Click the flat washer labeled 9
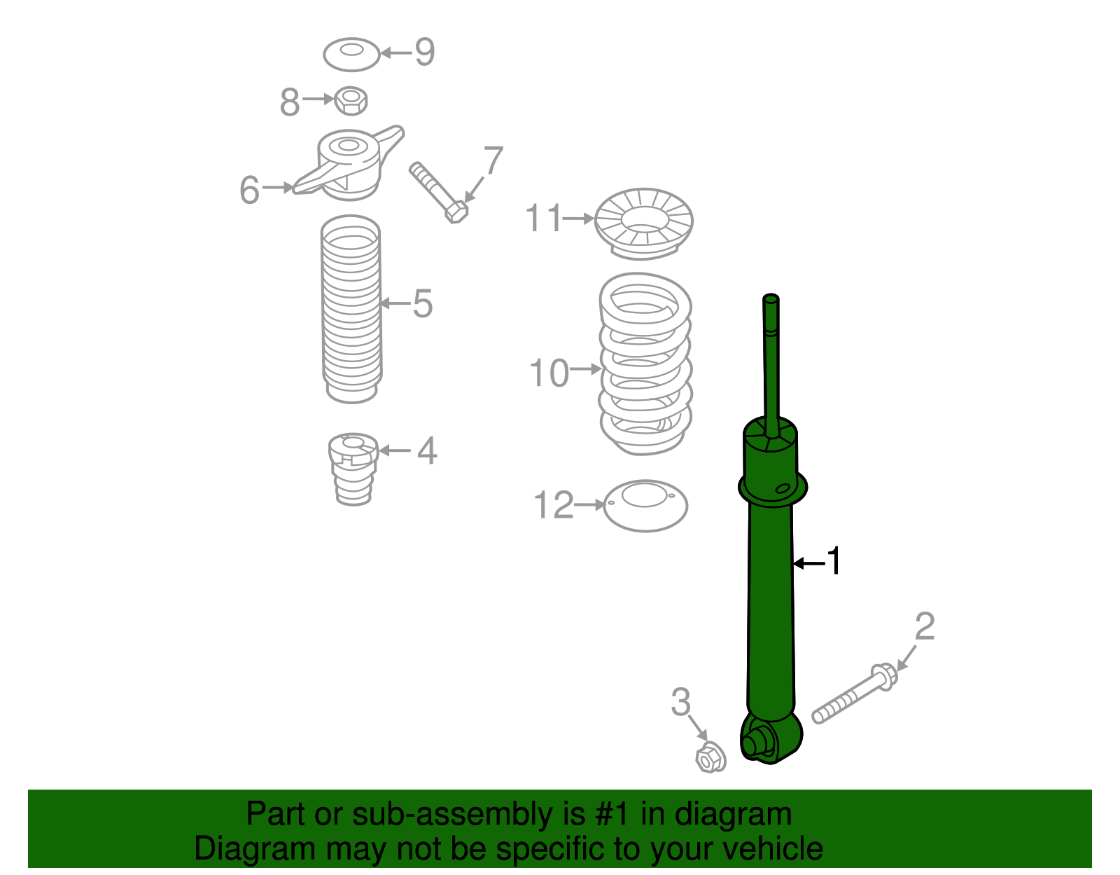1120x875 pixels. coord(351,54)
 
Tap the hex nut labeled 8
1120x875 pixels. coord(351,101)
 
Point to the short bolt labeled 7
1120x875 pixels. coord(438,192)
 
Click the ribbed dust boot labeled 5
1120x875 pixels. coord(351,308)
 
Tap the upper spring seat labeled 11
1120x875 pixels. coord(644,223)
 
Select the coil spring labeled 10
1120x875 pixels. coord(645,364)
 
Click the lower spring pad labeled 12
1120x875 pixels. coord(645,505)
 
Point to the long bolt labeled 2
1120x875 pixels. coord(854,694)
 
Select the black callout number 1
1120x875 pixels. coord(833,561)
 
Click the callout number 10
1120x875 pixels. coord(549,373)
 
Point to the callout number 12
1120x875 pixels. coord(553,505)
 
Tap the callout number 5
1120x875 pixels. coord(422,303)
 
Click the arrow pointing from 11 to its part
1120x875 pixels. coord(579,219)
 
